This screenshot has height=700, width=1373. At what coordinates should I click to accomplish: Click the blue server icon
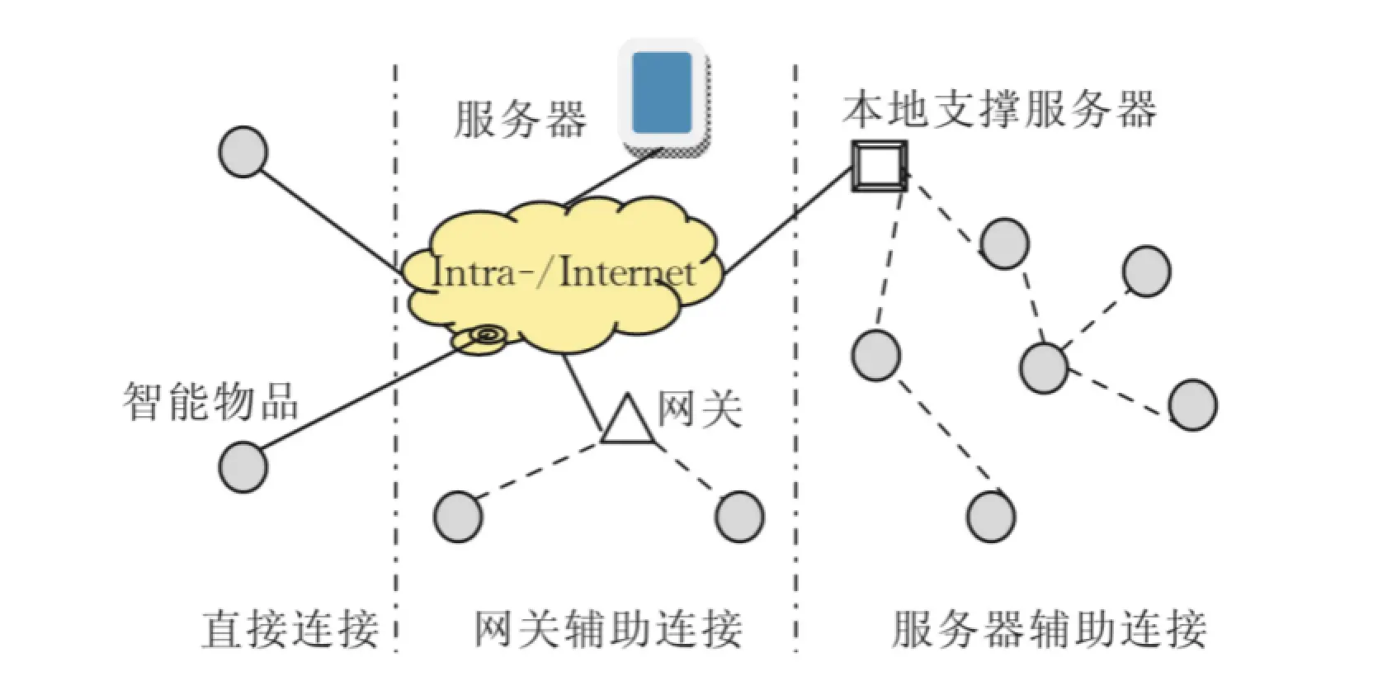click(x=662, y=92)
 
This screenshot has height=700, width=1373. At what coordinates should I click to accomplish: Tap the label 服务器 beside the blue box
click(x=521, y=119)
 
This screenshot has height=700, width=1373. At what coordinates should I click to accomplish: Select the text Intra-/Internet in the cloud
click(x=564, y=273)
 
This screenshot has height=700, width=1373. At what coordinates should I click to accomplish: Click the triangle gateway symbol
click(x=629, y=422)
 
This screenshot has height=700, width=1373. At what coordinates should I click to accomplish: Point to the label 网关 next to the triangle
click(x=700, y=407)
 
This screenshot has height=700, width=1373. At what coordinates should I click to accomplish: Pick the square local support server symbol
click(x=879, y=165)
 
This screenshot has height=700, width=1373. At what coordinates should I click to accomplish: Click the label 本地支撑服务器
click(x=999, y=109)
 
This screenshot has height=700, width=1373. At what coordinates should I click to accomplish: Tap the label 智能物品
click(x=211, y=401)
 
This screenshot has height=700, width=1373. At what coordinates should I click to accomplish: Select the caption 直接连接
click(x=290, y=630)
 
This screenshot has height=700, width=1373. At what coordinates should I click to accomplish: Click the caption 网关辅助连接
click(x=608, y=630)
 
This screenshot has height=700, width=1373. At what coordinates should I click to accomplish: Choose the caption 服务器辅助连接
click(x=1049, y=630)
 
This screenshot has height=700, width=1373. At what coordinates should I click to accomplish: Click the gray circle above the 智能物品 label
click(x=243, y=152)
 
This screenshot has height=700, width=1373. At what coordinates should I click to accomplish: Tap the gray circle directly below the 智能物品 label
click(x=243, y=466)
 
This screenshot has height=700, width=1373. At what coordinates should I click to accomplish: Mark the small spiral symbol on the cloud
click(x=486, y=335)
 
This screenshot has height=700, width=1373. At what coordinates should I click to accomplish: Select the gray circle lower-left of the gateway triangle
click(x=458, y=517)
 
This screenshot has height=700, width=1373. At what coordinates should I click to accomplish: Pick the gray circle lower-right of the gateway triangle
click(x=739, y=517)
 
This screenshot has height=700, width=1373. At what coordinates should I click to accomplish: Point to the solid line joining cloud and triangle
click(x=583, y=393)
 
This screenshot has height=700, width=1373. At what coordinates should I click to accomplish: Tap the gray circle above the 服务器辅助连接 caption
click(x=991, y=517)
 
